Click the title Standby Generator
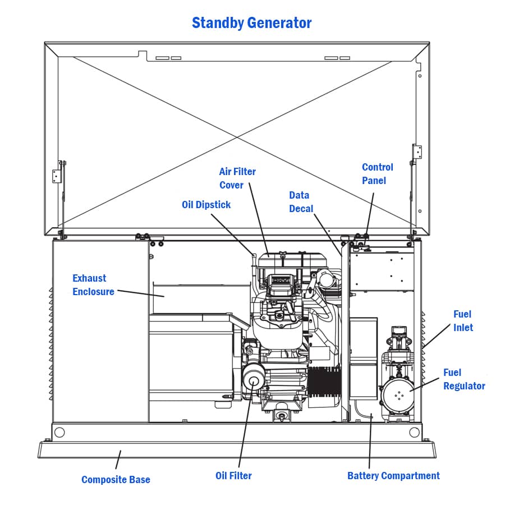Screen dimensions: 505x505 251,23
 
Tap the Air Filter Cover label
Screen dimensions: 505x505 237,178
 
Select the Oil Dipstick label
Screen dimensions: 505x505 206,205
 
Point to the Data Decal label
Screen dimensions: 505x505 300,201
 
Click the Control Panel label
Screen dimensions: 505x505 377,173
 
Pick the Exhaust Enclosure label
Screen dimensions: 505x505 93,284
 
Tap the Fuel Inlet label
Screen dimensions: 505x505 462,320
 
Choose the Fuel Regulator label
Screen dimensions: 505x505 463,379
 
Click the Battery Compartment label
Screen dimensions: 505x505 393,476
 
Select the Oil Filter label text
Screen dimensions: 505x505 233,476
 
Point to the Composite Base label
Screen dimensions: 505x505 116,479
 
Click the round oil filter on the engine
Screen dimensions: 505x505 253,382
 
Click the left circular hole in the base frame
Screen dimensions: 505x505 59,433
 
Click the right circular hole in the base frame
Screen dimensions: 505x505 414,433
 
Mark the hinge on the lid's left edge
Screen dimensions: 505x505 57,176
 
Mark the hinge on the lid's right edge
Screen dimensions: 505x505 417,151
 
